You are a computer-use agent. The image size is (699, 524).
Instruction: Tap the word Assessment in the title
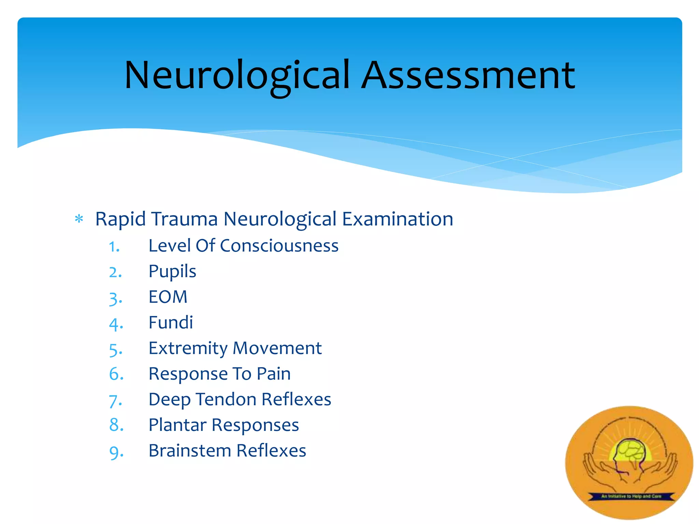tap(468, 76)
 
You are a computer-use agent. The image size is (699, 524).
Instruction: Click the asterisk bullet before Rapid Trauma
tap(79, 219)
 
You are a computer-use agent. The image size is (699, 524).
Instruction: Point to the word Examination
tap(398, 219)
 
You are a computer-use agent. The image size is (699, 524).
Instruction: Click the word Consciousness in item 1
tap(279, 246)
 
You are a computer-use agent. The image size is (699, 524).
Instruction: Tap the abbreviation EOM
tap(168, 297)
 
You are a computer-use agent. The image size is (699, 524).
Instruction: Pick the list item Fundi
tap(171, 322)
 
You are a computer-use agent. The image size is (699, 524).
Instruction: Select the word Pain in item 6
tap(274, 374)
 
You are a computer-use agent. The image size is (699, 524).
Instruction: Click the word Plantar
tap(177, 425)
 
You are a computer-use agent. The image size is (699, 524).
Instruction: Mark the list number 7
tap(114, 401)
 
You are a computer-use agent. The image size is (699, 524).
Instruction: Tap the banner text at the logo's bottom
tap(631, 496)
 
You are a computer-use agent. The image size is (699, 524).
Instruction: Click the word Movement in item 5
tap(277, 348)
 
